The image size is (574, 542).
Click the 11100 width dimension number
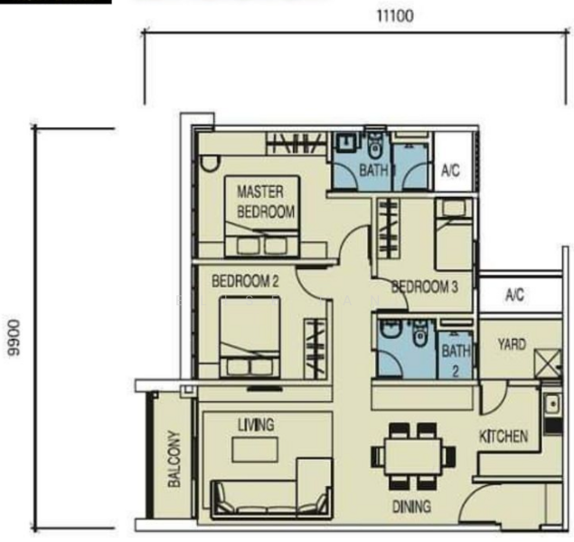tap(395, 16)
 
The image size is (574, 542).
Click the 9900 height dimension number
tap(14, 338)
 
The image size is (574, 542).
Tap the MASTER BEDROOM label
tap(266, 201)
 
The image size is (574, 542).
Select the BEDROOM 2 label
tap(245, 281)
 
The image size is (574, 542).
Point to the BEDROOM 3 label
tap(425, 286)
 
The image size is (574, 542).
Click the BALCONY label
tap(174, 459)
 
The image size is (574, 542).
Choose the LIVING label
tap(256, 425)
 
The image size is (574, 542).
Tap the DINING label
tap(411, 507)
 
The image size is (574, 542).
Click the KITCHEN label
tap(503, 436)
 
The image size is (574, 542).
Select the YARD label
tap(512, 344)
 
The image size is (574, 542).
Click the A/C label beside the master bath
tap(450, 170)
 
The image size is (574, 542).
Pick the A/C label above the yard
tap(514, 294)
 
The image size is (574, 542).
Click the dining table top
tap(413, 457)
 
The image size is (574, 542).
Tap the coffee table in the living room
tap(255, 450)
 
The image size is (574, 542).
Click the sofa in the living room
tap(271, 488)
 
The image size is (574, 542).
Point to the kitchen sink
tap(552, 405)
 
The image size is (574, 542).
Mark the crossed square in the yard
tap(548, 363)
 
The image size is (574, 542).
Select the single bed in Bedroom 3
tap(454, 234)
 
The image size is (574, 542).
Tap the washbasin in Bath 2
tap(390, 330)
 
